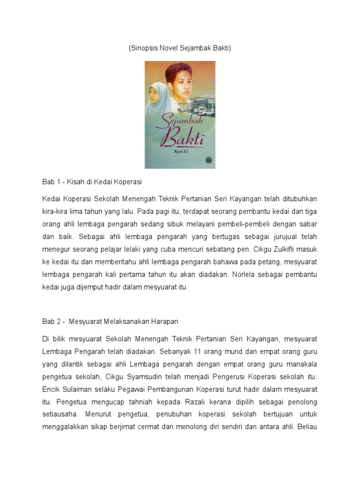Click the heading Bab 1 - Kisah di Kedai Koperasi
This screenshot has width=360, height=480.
click(92, 181)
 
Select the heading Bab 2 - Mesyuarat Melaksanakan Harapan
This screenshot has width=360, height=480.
click(110, 322)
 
